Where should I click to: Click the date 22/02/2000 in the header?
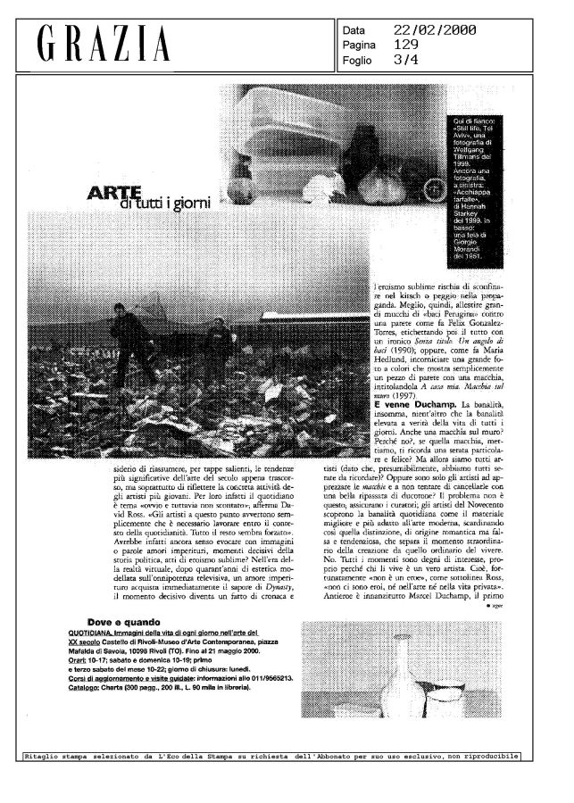tap(435, 30)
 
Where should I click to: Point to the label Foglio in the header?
tap(359, 60)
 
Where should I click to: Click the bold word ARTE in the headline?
tap(112, 194)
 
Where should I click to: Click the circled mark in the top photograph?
tap(433, 188)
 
